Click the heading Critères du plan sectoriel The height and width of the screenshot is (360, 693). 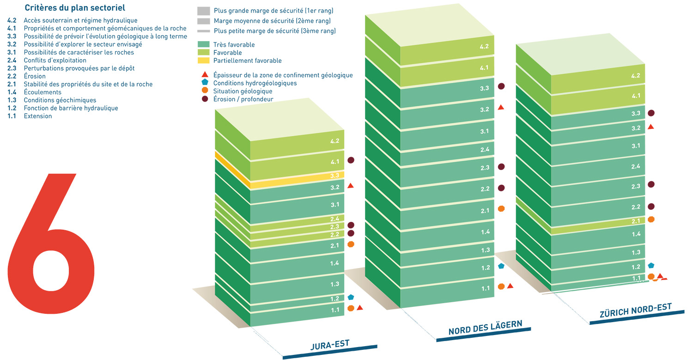tap(75, 8)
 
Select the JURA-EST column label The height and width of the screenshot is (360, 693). tap(329, 344)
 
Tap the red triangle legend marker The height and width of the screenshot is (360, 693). tap(204, 75)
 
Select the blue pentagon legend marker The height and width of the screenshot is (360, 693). tap(204, 83)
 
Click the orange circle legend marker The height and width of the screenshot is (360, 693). tap(204, 91)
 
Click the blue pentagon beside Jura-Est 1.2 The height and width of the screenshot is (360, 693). tap(351, 297)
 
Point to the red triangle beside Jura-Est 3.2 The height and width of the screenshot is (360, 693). tap(351, 186)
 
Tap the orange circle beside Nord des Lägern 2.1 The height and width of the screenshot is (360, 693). tap(501, 209)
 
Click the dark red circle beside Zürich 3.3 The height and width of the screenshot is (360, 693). tap(651, 113)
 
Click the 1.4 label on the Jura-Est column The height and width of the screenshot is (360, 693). tap(335, 263)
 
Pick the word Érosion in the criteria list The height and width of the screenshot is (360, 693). tap(35, 76)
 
